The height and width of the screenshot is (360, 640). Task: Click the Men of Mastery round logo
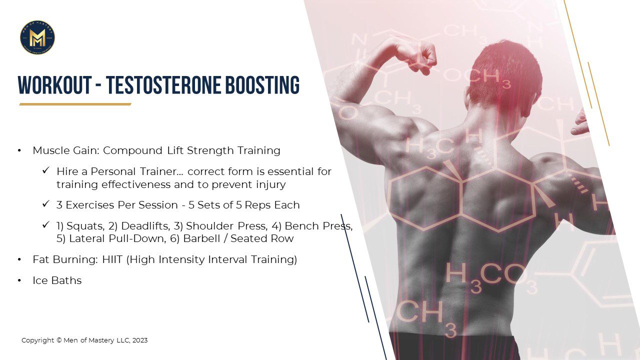coord(37,37)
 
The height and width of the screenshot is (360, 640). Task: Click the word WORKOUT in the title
coord(55,85)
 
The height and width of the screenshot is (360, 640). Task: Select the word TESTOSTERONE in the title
coord(163,85)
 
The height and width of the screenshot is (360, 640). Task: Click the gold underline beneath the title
coord(75,104)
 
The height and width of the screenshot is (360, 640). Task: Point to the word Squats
coord(85,226)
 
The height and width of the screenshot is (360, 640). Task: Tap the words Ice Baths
coord(57,280)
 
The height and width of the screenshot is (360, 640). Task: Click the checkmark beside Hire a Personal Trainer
coord(46,170)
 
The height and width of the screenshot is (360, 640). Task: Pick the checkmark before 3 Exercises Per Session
coord(46,204)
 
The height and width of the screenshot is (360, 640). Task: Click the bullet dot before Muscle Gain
coord(19,150)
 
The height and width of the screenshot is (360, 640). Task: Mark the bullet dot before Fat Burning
coord(19,259)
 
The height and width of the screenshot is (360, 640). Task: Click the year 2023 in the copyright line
coord(140,340)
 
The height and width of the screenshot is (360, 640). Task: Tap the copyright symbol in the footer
coord(59,340)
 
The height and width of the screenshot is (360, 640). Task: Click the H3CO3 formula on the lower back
coord(491,277)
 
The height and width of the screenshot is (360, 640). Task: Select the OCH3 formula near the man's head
coord(476,77)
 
